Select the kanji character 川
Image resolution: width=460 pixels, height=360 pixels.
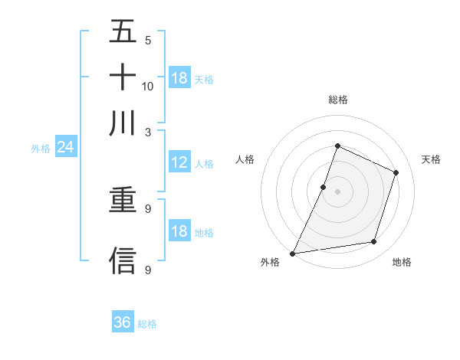[x=123, y=123]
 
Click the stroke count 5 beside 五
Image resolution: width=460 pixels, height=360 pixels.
[x=148, y=40]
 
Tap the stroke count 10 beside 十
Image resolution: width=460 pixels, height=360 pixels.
[x=148, y=86]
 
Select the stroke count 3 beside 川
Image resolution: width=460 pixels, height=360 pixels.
[x=148, y=132]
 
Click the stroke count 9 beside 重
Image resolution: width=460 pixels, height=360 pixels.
[x=148, y=208]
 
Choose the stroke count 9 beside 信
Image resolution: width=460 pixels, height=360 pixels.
[x=148, y=270]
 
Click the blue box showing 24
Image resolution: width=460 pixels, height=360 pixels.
[x=65, y=147]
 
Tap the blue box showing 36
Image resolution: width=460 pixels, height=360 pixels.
[x=123, y=322]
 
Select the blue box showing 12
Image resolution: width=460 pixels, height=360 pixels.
[x=179, y=162]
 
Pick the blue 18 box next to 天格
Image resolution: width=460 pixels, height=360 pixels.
[x=179, y=78]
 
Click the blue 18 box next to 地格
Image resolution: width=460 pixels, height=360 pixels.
[x=179, y=231]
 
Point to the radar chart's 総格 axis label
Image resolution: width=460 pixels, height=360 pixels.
[x=337, y=100]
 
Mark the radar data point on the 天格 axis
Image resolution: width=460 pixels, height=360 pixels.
[x=396, y=172]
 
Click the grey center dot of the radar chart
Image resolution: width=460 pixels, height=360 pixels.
[x=337, y=191]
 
